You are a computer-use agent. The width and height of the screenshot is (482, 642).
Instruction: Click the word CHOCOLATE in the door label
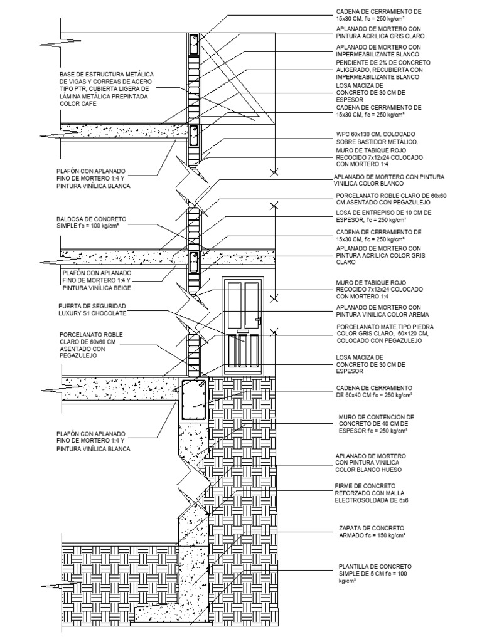(109, 312)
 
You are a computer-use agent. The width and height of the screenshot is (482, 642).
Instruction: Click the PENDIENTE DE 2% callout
(383, 71)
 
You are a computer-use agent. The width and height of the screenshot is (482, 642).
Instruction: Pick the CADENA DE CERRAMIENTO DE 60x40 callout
(374, 392)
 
